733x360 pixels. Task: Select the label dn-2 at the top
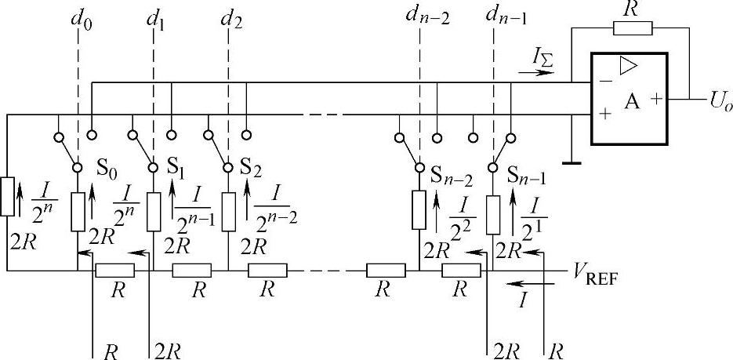[x=427, y=15]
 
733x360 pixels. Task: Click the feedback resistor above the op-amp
[x=632, y=29]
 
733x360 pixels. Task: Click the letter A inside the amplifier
[x=631, y=100]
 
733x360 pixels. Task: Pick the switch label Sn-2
[x=452, y=173]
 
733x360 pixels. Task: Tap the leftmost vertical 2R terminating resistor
[x=8, y=196]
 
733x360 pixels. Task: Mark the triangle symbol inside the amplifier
[x=628, y=67]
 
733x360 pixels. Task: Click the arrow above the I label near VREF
[x=521, y=284]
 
